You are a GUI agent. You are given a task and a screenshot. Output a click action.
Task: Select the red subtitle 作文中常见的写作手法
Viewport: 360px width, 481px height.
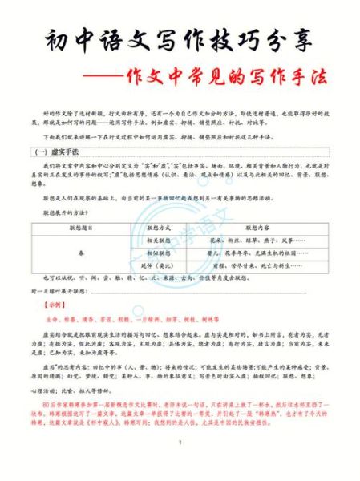[x=232, y=82]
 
